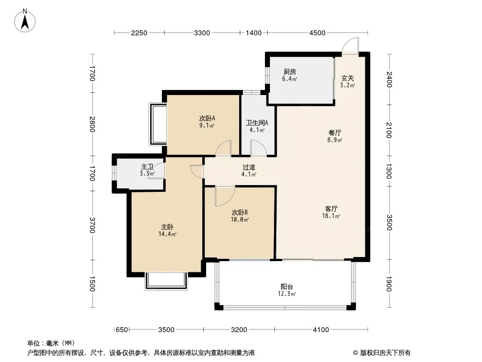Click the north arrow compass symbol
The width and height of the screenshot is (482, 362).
coord(25,21)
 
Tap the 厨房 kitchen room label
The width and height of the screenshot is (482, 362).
coord(289,71)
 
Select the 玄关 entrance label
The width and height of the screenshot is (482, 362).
coord(347,78)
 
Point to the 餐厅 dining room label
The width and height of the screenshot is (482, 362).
coord(335,133)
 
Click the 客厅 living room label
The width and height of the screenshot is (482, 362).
coord(331,209)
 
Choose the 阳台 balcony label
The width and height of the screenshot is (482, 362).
coord(287,286)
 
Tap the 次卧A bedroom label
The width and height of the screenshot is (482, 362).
coord(207,118)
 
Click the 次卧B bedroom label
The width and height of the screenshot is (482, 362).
coord(240,213)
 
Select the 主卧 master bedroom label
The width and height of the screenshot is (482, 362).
coord(167,227)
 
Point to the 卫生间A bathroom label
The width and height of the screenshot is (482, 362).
coord(257,123)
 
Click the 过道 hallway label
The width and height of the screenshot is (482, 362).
coord(249,167)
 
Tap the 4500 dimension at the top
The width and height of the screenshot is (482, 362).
coord(317,33)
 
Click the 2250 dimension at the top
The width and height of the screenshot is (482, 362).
coord(139,33)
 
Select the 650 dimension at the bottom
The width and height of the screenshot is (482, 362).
coord(122,330)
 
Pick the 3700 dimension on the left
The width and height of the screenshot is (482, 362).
coord(92,225)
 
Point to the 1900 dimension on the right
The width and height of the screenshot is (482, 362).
coord(389,284)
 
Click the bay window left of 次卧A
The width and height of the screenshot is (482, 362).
coord(157,124)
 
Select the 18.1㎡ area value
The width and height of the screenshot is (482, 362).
coord(331,216)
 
